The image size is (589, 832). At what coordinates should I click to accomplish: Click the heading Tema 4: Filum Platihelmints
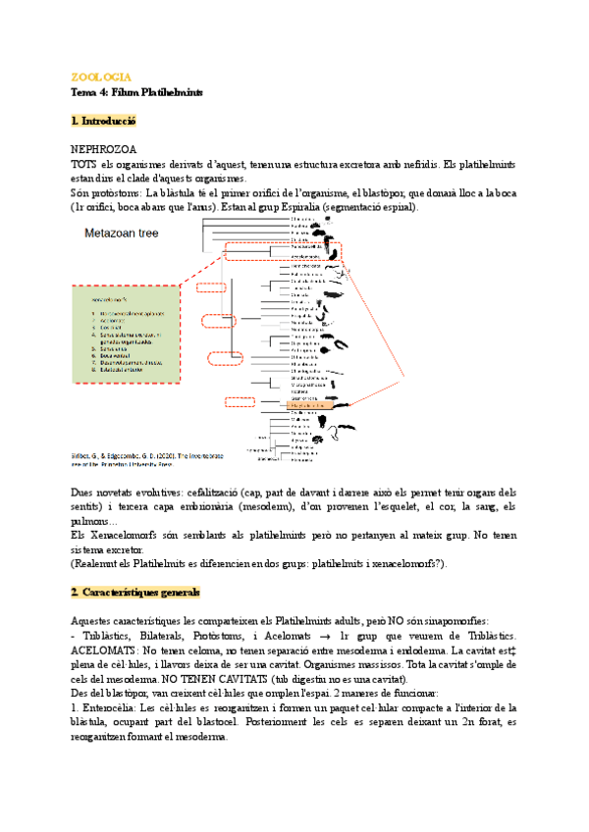click(136, 91)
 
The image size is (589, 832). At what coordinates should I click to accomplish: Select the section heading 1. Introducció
click(103, 121)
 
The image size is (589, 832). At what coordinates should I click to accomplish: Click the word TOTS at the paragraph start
click(84, 165)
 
